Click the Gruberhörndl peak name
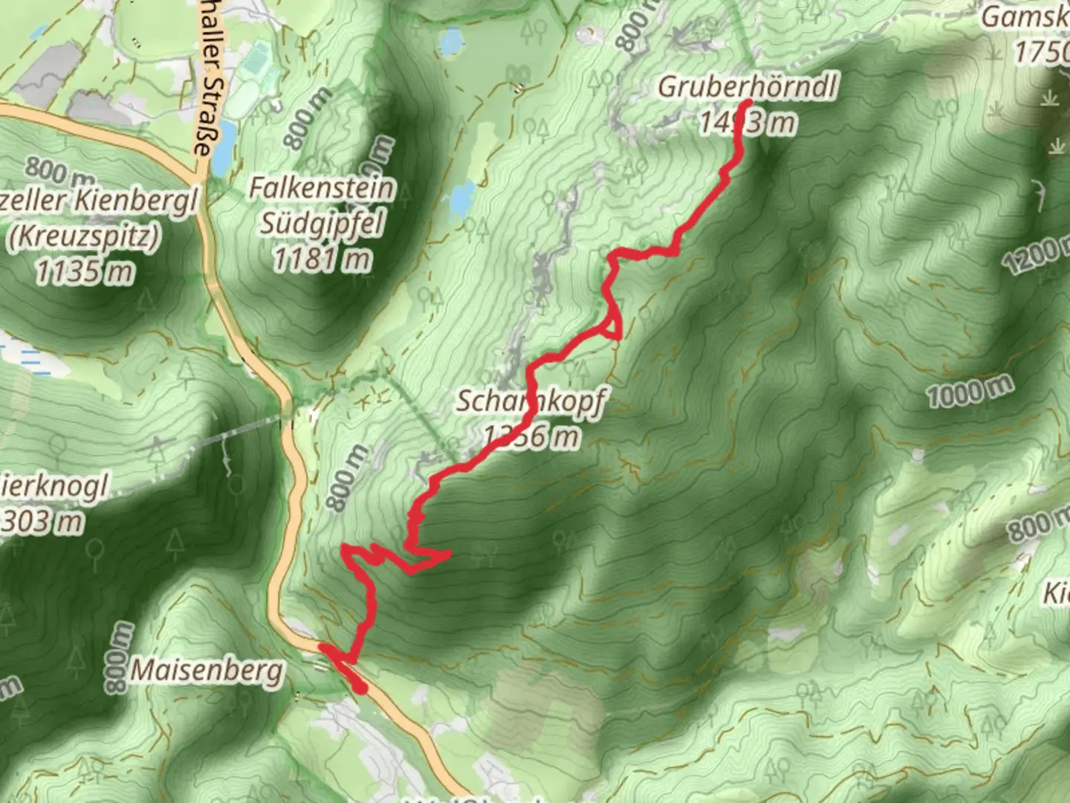click(747, 88)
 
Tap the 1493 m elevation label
click(747, 121)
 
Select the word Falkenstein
click(321, 188)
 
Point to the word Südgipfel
click(321, 223)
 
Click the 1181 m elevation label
click(321, 259)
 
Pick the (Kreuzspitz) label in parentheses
click(83, 236)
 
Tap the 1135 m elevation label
click(83, 272)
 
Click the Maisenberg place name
click(207, 671)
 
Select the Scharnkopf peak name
click(530, 401)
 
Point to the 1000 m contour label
click(970, 391)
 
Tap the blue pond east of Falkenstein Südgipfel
click(461, 199)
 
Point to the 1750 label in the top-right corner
click(1040, 52)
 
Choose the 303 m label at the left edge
click(43, 521)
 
